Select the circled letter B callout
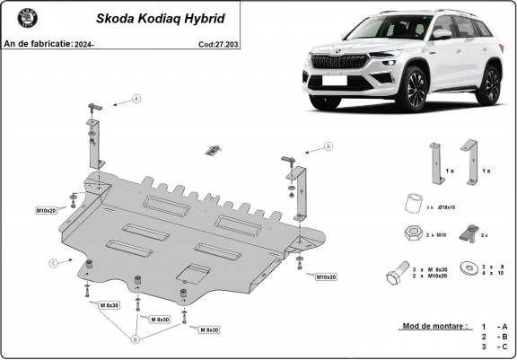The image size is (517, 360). (136, 338)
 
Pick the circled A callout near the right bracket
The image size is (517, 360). (329, 145)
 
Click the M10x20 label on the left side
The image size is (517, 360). (47, 210)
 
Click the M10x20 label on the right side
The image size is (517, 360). (325, 277)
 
